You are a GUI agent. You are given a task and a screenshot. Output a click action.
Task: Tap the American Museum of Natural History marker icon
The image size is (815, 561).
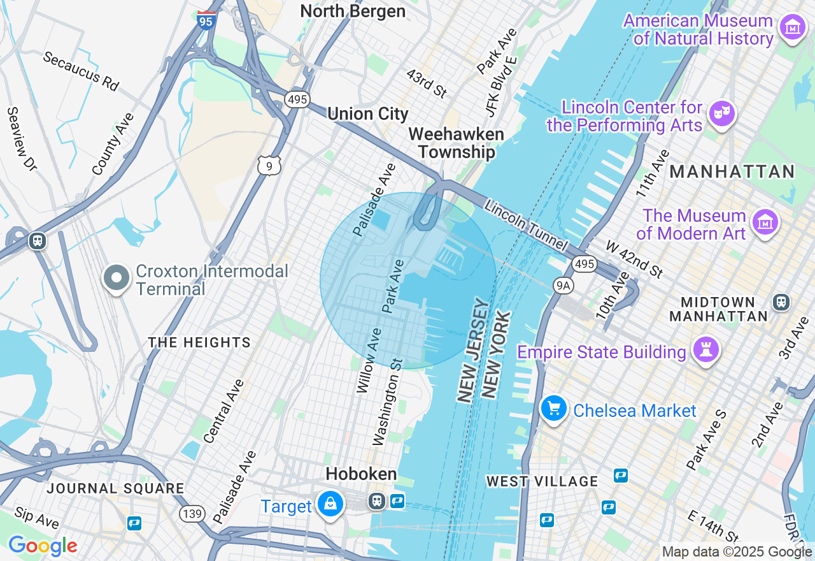(x=792, y=27)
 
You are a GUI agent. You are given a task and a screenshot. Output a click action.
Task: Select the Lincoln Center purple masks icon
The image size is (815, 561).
(x=721, y=114)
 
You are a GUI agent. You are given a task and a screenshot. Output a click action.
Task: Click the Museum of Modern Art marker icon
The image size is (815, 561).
(x=764, y=222)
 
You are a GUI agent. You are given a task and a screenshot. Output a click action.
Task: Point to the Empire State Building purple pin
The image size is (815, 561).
(x=706, y=350)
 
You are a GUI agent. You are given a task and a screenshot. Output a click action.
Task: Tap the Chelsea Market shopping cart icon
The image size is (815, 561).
(x=553, y=408)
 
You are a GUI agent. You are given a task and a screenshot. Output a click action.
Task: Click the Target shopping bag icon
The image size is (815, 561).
(x=330, y=504)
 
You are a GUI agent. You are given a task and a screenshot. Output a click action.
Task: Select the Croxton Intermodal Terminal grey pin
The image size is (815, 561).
(x=116, y=279)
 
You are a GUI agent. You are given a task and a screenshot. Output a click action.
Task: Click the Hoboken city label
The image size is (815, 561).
(x=361, y=474)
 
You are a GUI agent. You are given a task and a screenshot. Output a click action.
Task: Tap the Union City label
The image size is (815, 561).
(x=367, y=114)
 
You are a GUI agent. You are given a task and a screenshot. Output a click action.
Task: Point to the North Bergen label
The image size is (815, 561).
(x=352, y=11)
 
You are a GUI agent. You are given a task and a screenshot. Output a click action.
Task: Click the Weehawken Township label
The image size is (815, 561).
(x=456, y=143)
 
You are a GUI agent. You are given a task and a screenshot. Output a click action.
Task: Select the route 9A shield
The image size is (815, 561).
(x=563, y=285)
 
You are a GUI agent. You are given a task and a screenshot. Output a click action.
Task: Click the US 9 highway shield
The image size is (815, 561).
(x=269, y=166)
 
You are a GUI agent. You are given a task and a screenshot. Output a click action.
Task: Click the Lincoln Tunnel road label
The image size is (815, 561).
(x=525, y=225)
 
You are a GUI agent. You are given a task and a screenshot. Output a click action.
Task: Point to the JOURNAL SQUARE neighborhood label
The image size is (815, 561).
(x=115, y=489)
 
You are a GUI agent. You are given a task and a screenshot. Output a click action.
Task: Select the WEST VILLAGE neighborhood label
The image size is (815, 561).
(x=542, y=481)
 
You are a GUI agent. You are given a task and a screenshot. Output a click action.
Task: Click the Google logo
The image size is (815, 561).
(x=42, y=546)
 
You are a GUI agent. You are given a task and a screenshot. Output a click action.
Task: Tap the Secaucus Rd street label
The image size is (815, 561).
(x=81, y=71)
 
